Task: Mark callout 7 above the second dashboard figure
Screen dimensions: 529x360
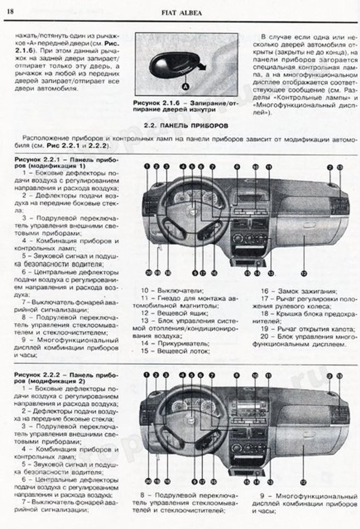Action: tap(211, 375)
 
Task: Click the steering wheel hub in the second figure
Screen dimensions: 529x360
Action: tap(189, 422)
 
